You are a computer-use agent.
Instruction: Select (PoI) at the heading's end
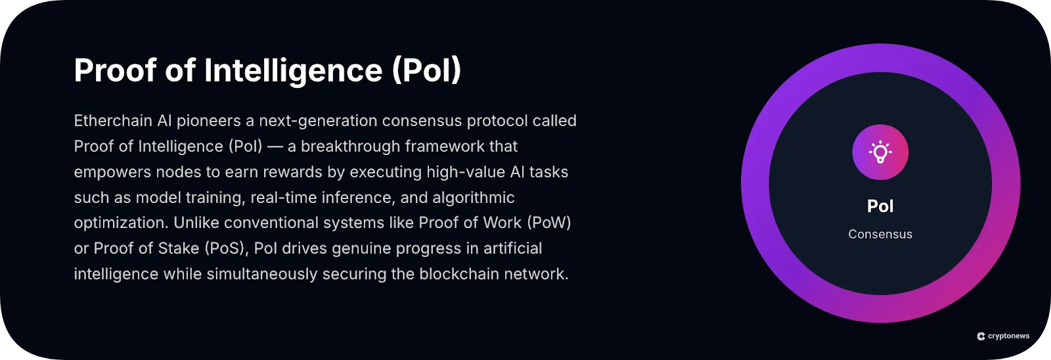[x=426, y=70]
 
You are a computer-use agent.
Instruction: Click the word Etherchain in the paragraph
[x=113, y=121]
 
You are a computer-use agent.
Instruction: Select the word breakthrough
[x=350, y=146]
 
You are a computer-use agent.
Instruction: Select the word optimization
[x=120, y=223]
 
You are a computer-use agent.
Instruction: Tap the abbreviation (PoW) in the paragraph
[x=548, y=223]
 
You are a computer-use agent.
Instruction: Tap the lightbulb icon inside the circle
[x=880, y=152]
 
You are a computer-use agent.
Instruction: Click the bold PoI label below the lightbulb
[x=880, y=206]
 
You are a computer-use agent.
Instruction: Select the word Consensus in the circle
[x=880, y=235]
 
